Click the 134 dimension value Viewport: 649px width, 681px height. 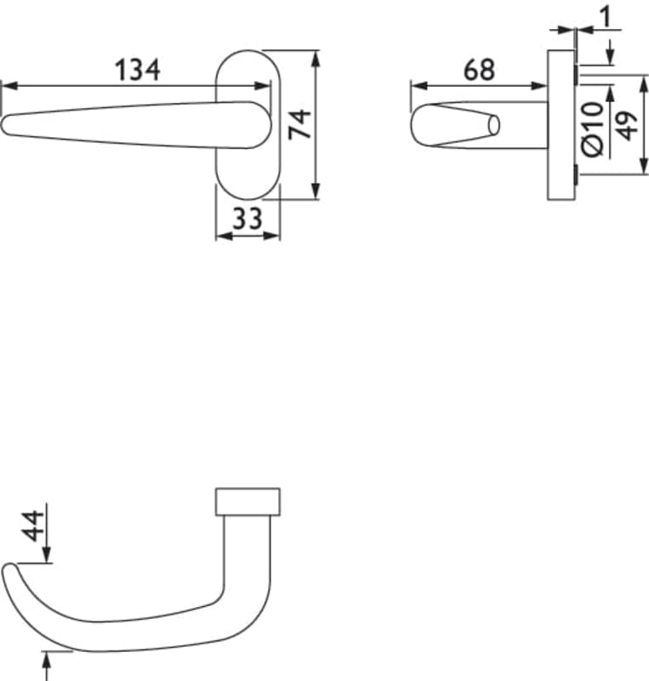pyautogui.click(x=138, y=70)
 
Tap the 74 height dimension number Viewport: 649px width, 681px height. pyautogui.click(x=300, y=124)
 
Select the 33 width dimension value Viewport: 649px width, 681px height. pyautogui.click(x=248, y=219)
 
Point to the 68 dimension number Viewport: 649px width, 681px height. pyautogui.click(x=479, y=70)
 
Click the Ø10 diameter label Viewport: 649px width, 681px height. pyautogui.click(x=593, y=129)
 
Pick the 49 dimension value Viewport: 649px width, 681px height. pyautogui.click(x=626, y=125)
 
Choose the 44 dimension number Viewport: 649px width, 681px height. pyautogui.click(x=33, y=526)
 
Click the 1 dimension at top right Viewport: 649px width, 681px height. pyautogui.click(x=606, y=17)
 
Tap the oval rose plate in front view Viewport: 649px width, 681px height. pyautogui.click(x=248, y=124)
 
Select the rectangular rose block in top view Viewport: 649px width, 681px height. pyautogui.click(x=248, y=501)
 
